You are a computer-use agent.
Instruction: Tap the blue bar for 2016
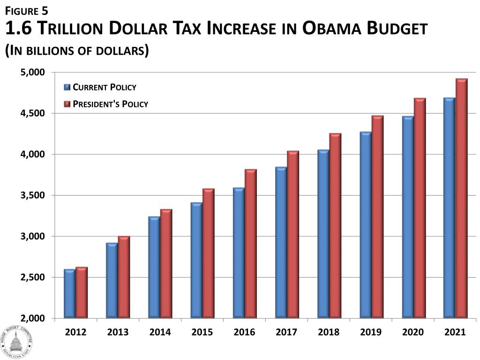[x=239, y=253]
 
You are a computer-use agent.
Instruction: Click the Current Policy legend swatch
[x=67, y=87]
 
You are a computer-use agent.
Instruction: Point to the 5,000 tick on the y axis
[x=32, y=72]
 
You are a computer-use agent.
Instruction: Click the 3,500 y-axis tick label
[x=32, y=195]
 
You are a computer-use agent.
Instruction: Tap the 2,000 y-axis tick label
[x=32, y=319]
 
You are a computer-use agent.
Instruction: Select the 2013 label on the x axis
[x=118, y=332]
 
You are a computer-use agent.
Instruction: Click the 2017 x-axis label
[x=287, y=332]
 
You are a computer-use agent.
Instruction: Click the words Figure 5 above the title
[x=27, y=10]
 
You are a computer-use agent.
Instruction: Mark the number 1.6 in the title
[x=18, y=29]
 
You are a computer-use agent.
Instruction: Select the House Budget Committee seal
[x=16, y=341]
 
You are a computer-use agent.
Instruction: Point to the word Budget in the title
[x=397, y=29]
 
